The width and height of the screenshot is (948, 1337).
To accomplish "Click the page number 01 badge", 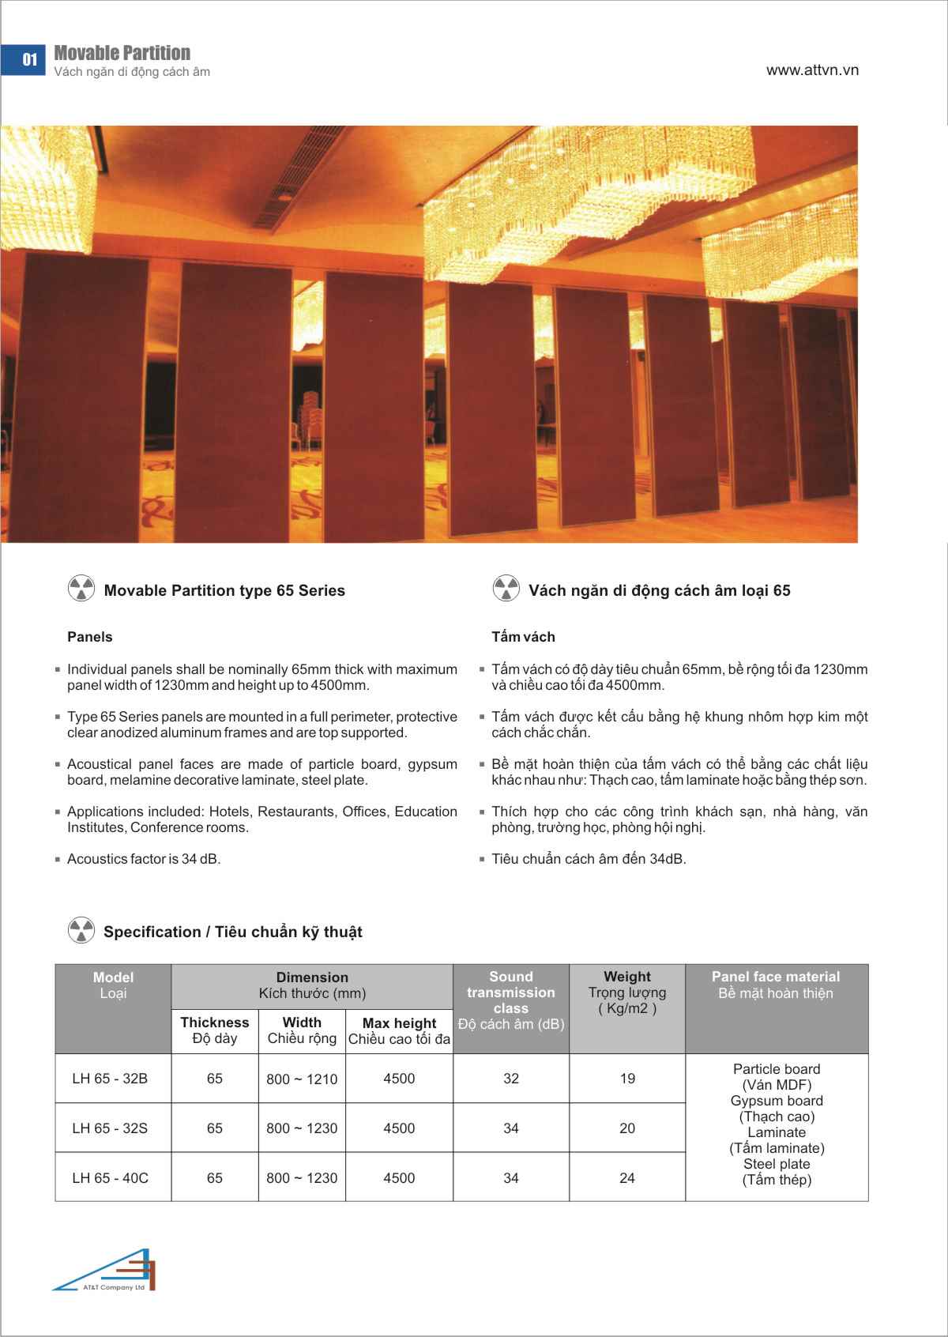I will coord(29,60).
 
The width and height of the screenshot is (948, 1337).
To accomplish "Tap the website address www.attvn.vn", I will coord(812,70).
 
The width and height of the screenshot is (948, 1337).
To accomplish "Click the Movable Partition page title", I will coord(122,53).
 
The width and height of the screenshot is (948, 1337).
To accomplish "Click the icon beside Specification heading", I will coord(81,931).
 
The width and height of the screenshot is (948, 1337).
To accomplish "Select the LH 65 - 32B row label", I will coord(110,1079).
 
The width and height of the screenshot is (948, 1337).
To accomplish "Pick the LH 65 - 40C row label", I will coord(110,1178).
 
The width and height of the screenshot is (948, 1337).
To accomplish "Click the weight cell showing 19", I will coord(627,1079).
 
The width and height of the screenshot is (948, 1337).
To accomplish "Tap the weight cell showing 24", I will coord(627,1178).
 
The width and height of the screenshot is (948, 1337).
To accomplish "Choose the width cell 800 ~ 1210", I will coord(302,1079).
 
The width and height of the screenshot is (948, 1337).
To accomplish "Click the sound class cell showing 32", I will coord(511,1079).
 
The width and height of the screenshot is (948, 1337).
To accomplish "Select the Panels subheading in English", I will coord(90,637).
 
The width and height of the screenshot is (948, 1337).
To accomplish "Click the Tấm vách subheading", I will coord(523,637).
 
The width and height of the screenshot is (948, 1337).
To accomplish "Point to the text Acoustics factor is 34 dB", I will coord(144,859).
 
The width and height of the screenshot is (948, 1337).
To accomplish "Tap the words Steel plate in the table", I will coord(777,1164).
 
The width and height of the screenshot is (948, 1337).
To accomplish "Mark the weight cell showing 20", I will coord(627,1128).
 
